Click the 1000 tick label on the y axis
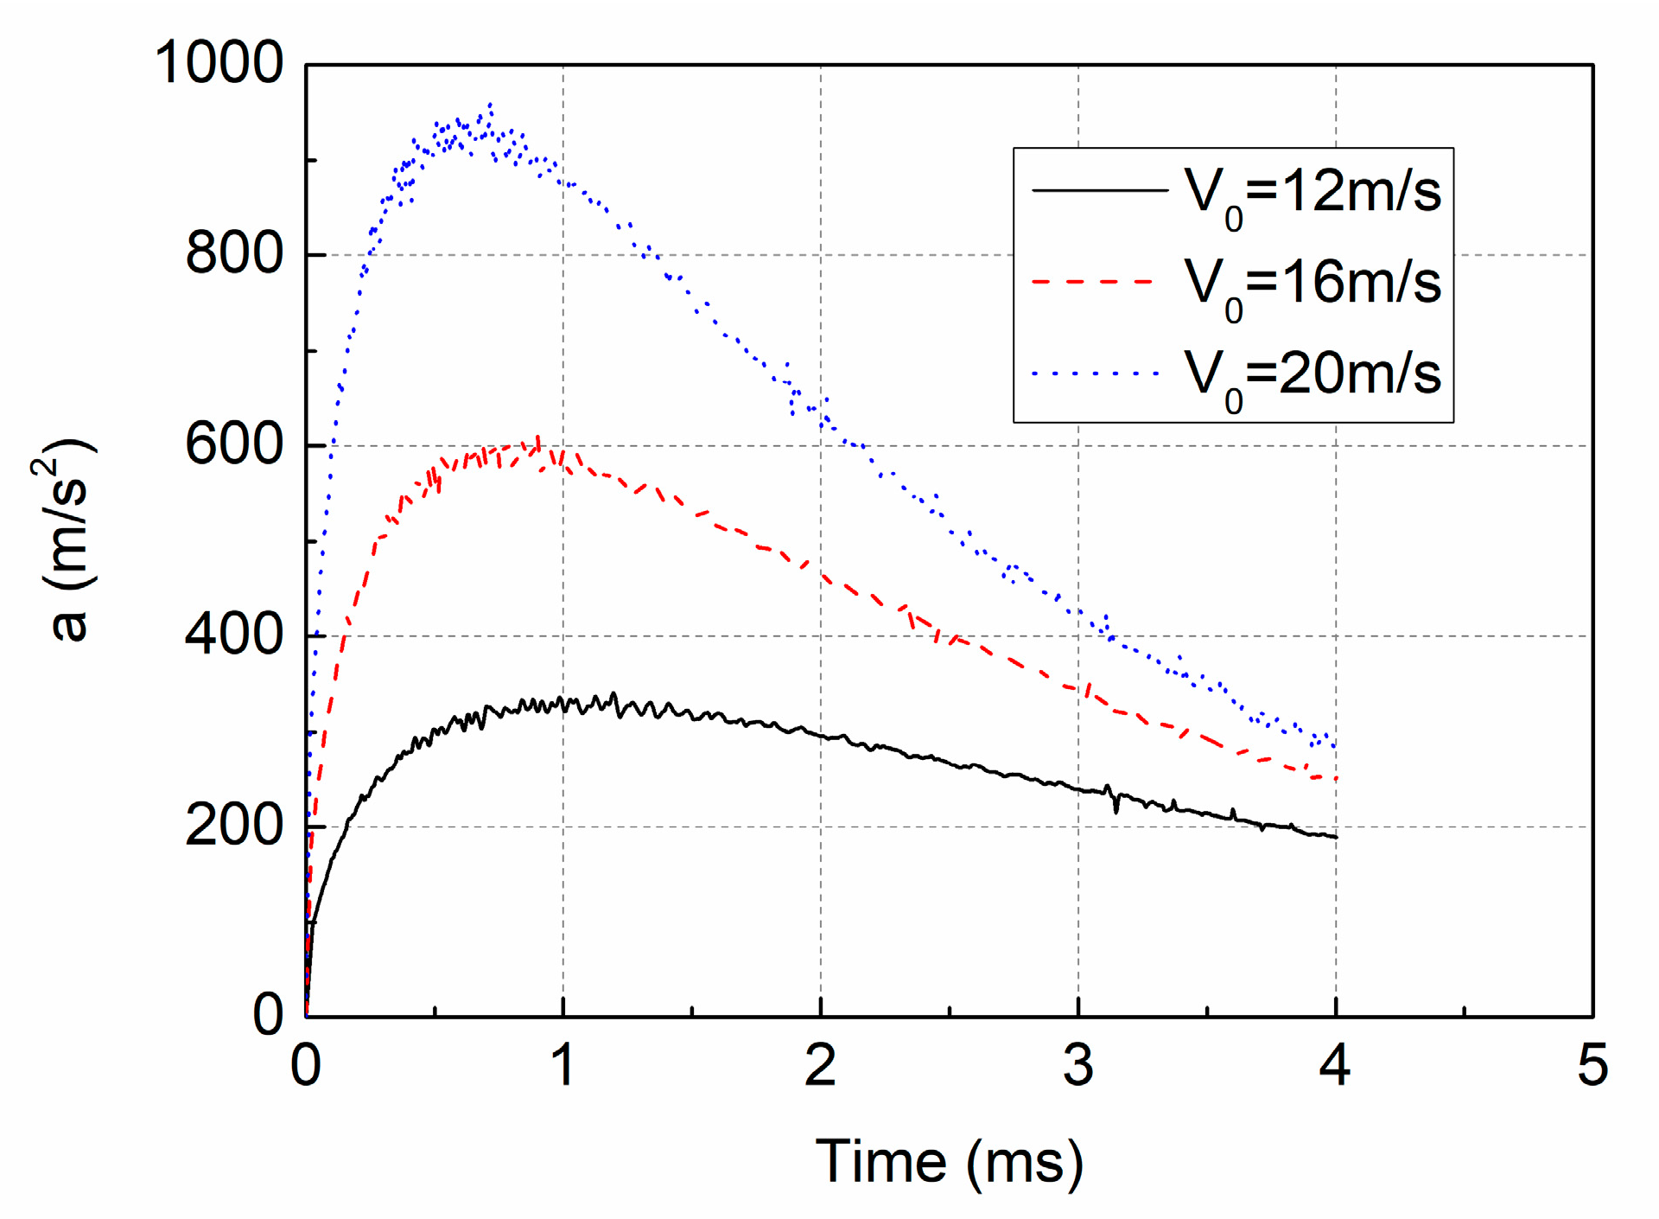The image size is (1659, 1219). pyautogui.click(x=219, y=63)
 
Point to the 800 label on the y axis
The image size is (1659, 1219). pyautogui.click(x=234, y=254)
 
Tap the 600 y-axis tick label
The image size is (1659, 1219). pyautogui.click(x=234, y=445)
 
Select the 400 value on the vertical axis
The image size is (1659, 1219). pyautogui.click(x=234, y=635)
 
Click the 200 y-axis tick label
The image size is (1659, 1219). pyautogui.click(x=234, y=826)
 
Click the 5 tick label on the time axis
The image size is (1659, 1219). pyautogui.click(x=1592, y=1065)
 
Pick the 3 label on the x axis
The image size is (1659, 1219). pyautogui.click(x=1077, y=1065)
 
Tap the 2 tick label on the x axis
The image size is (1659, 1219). pyautogui.click(x=820, y=1065)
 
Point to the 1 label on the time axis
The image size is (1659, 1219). pyautogui.click(x=563, y=1065)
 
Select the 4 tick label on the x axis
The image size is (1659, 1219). pyautogui.click(x=1335, y=1065)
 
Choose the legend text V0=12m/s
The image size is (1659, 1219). pyautogui.click(x=1312, y=192)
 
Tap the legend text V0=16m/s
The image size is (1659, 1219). pyautogui.click(x=1312, y=283)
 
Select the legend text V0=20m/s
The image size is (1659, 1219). pyautogui.click(x=1312, y=373)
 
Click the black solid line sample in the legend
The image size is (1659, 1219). pyautogui.click(x=1099, y=189)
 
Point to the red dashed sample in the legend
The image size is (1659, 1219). pyautogui.click(x=1093, y=282)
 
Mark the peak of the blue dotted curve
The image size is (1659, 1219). pyautogui.click(x=491, y=105)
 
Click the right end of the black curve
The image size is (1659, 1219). pyautogui.click(x=1336, y=837)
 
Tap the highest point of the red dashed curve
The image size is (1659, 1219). pyautogui.click(x=538, y=437)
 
